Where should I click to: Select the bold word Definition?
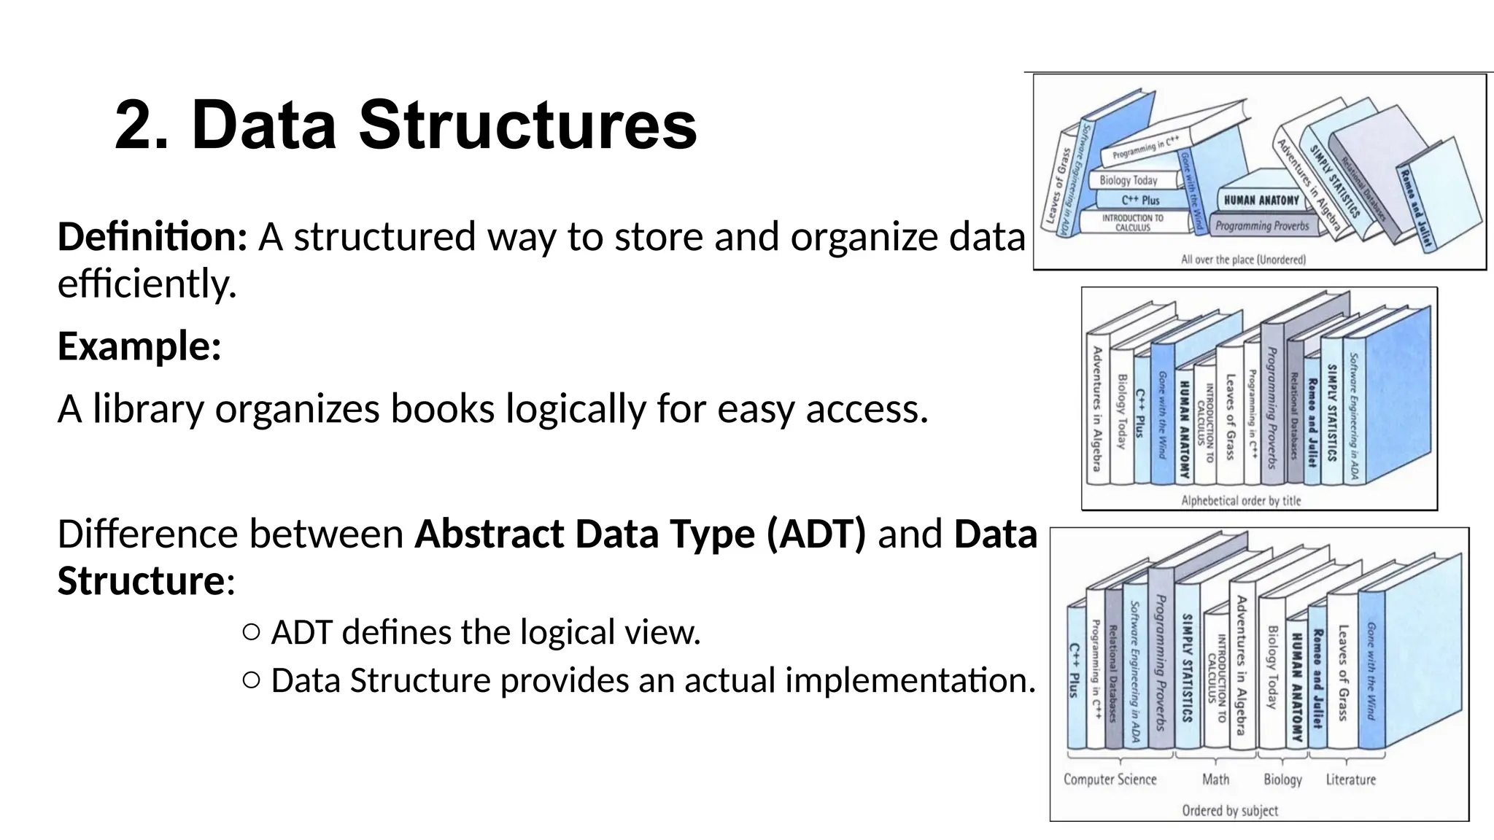(x=152, y=237)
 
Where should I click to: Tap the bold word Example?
(x=139, y=346)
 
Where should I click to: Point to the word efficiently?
(x=147, y=284)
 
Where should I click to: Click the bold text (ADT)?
(x=816, y=534)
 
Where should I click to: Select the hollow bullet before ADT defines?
(x=251, y=632)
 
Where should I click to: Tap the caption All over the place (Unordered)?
(x=1243, y=259)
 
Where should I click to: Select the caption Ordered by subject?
(x=1230, y=810)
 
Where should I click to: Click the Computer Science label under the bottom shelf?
(x=1110, y=779)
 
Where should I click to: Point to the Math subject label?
(x=1215, y=779)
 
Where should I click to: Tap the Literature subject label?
(x=1350, y=779)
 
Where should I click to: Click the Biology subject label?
(x=1282, y=779)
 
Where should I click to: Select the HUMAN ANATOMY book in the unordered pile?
(x=1261, y=200)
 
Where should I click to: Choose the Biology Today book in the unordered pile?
(x=1129, y=180)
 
